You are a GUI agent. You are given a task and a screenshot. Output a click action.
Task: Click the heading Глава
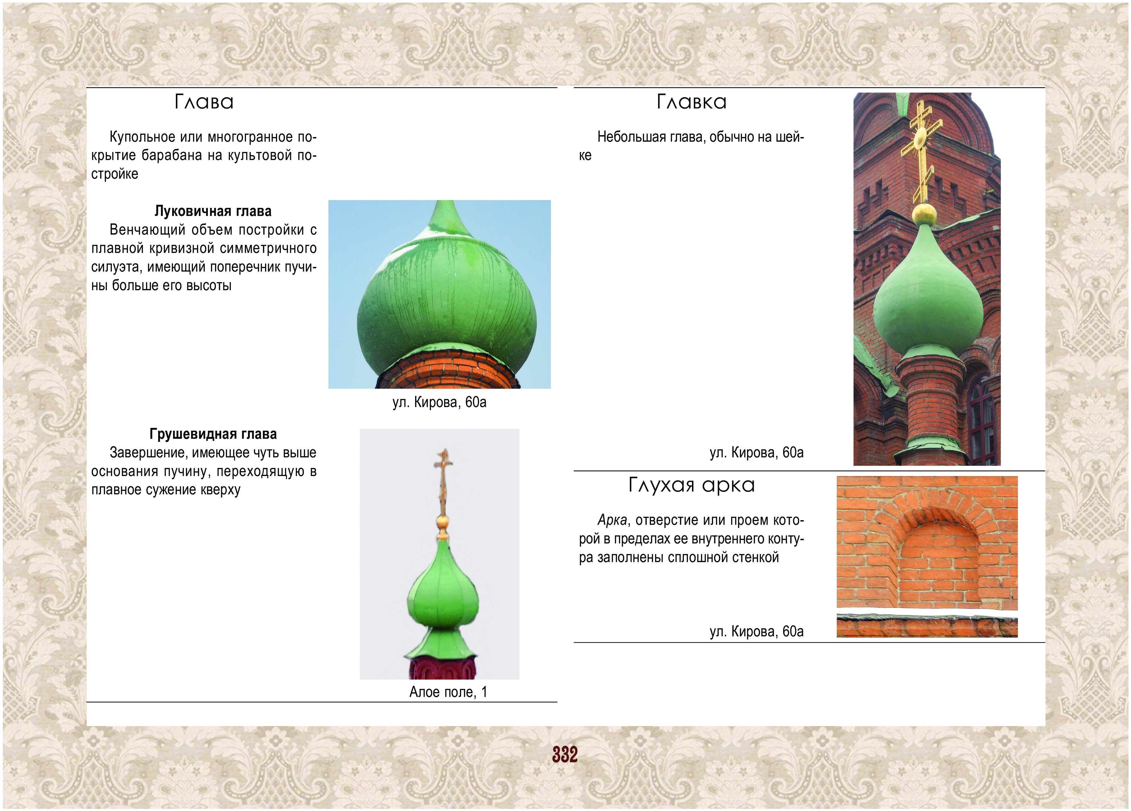coord(204,102)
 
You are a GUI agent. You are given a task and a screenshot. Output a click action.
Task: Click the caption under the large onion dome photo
coord(439,402)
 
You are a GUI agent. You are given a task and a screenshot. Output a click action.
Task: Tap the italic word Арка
coord(612,520)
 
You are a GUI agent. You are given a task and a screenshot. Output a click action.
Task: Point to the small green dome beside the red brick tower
coord(927,294)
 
